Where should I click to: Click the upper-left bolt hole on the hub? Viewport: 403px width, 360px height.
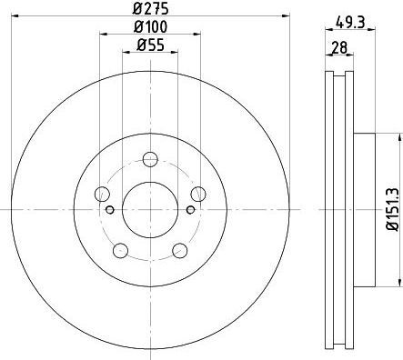click(x=102, y=194)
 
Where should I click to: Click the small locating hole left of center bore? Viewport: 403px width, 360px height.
click(x=111, y=210)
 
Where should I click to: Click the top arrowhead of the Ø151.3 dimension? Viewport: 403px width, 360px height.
click(x=398, y=137)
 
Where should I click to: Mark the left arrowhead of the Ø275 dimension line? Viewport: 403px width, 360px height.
click(x=16, y=18)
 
